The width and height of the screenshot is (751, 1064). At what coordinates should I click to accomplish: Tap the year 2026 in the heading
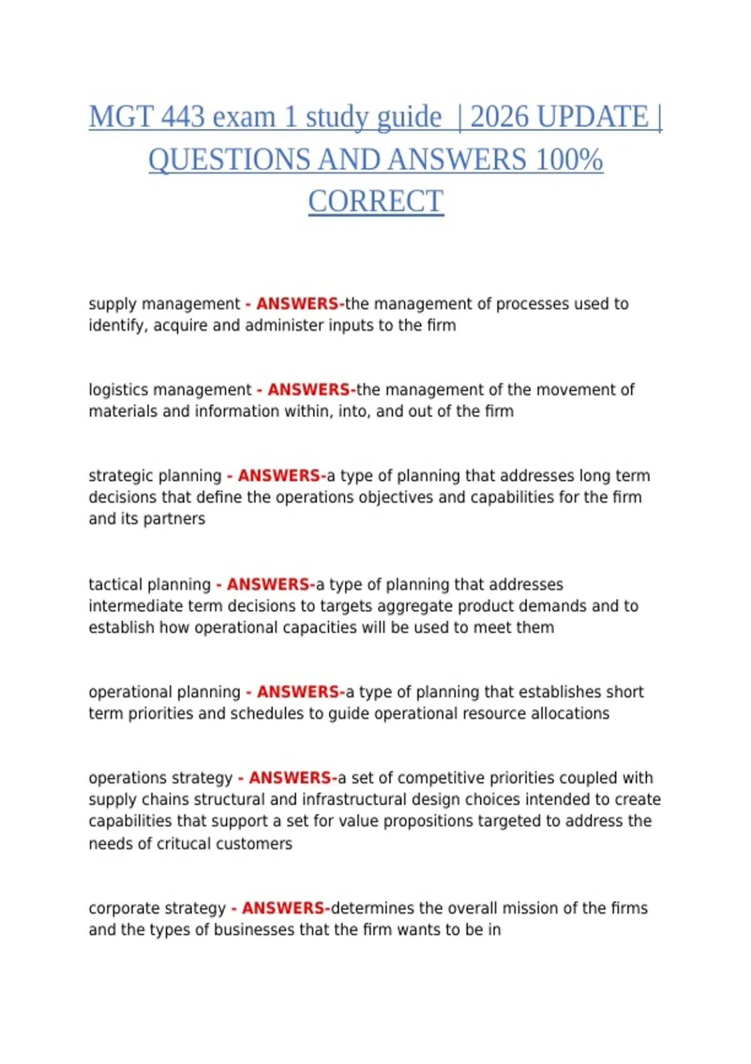click(498, 117)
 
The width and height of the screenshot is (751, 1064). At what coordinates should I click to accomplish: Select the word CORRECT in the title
click(375, 202)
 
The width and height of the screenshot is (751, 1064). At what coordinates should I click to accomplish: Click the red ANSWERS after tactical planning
click(270, 585)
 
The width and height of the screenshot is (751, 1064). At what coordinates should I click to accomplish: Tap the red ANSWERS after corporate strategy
click(285, 908)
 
